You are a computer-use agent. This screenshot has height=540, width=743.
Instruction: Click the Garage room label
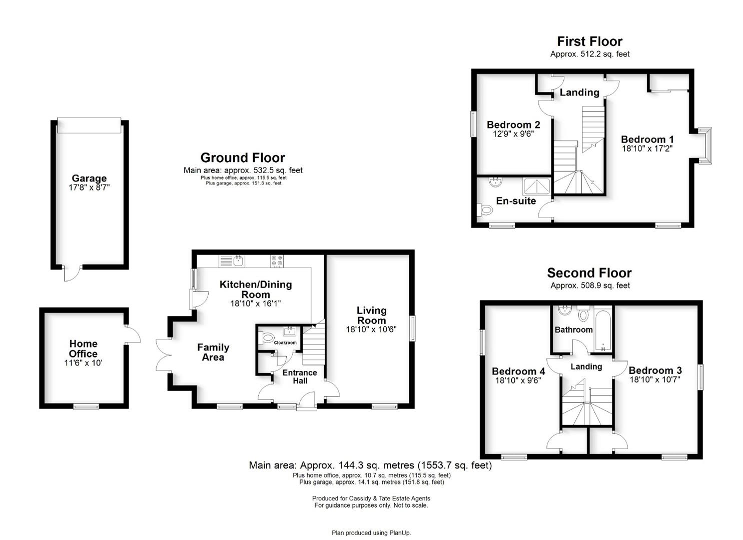pos(89,178)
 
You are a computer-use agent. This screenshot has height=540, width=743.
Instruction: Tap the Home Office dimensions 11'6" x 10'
pos(83,363)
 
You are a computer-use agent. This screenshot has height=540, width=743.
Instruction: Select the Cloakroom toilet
pos(266,338)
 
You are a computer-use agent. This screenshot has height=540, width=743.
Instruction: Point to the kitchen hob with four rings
pos(277,261)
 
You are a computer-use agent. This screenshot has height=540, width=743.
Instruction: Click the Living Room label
pos(371,315)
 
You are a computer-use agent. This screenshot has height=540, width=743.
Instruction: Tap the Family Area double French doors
pos(164,355)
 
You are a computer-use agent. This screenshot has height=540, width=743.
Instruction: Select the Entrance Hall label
pos(300,376)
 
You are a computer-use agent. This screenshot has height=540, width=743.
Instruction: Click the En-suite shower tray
pos(536,186)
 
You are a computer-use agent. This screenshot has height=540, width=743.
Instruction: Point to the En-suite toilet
pos(485,209)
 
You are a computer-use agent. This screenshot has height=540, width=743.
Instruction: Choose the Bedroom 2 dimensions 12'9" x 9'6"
pos(513,134)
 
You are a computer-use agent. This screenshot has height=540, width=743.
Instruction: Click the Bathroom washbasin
pos(563,310)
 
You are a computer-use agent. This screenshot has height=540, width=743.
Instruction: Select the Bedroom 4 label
pos(518,371)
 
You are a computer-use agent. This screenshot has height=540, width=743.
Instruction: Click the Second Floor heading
pos(589,273)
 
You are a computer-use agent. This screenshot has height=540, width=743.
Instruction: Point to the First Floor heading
pos(590,41)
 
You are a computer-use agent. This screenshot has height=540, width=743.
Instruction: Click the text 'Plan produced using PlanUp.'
pos(371,533)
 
